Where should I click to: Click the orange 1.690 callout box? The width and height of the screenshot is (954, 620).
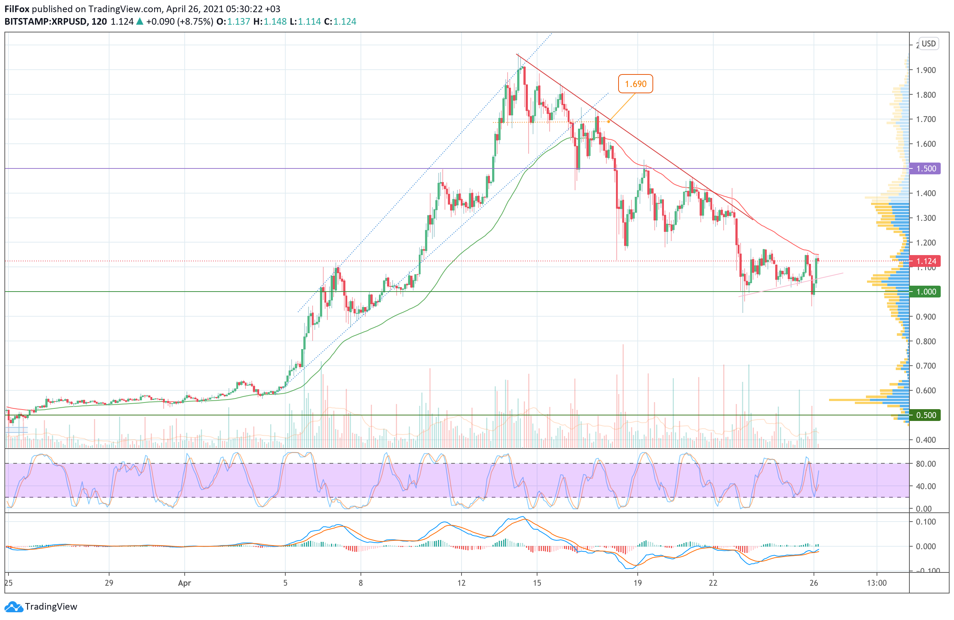[636, 84]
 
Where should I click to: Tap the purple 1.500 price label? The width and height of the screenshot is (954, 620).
[926, 168]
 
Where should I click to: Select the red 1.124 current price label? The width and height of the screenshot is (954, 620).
[926, 261]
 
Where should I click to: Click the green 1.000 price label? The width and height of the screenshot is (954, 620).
[926, 292]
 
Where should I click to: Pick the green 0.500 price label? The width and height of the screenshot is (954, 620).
[926, 415]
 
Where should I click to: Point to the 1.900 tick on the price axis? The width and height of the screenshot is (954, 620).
[926, 70]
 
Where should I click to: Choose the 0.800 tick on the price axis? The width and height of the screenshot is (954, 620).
[926, 341]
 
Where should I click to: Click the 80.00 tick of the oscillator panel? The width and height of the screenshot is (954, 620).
[926, 464]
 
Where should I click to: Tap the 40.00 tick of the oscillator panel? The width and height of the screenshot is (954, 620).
[926, 486]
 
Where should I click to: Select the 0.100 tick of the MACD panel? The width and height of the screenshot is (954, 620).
[926, 522]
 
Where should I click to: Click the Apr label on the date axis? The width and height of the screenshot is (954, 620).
[184, 583]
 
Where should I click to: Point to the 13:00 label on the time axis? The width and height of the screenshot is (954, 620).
[877, 583]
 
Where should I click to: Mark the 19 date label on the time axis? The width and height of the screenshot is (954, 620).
[637, 583]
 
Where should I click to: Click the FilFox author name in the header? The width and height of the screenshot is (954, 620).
[17, 9]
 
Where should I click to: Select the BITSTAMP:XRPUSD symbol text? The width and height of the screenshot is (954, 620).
[46, 22]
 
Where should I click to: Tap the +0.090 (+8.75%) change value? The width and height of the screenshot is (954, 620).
[180, 22]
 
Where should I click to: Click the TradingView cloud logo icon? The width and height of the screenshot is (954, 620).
[14, 607]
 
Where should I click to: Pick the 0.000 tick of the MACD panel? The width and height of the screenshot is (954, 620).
[926, 546]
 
